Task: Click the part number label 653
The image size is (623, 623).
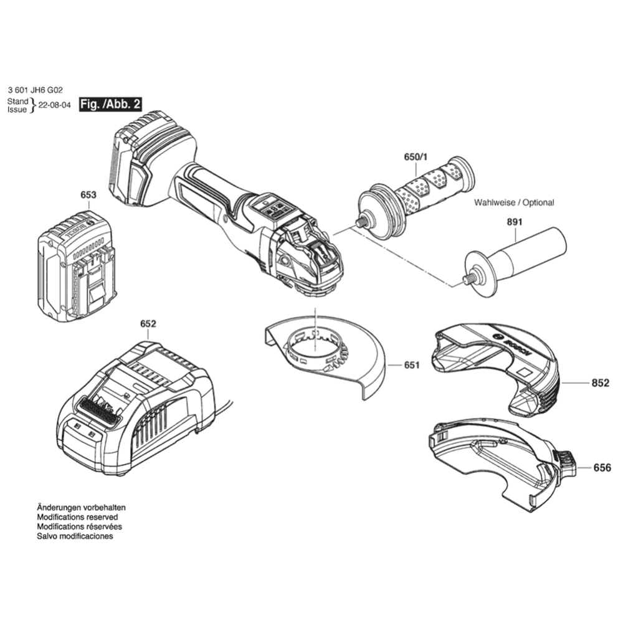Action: pyautogui.click(x=88, y=194)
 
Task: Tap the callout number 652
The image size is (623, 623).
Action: pyautogui.click(x=148, y=324)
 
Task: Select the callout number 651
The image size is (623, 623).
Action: pyautogui.click(x=412, y=364)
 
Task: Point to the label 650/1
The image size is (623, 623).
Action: pyautogui.click(x=416, y=157)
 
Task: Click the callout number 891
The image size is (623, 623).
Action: pyautogui.click(x=515, y=222)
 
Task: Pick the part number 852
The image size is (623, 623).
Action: pyautogui.click(x=601, y=383)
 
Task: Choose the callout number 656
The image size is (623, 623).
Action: pyautogui.click(x=602, y=468)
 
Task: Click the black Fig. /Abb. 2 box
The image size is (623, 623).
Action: pyautogui.click(x=110, y=105)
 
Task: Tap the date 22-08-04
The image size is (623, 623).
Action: pyautogui.click(x=54, y=105)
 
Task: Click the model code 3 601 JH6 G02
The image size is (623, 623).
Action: pyautogui.click(x=35, y=90)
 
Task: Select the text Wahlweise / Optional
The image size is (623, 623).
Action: pyautogui.click(x=514, y=202)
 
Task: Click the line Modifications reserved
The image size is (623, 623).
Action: pyautogui.click(x=77, y=517)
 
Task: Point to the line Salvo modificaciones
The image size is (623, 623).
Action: pyautogui.click(x=75, y=536)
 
